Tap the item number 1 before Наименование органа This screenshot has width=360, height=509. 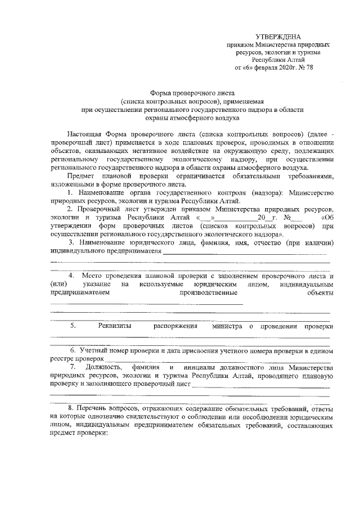(x=69, y=193)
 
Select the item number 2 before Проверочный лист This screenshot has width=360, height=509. (x=69, y=209)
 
